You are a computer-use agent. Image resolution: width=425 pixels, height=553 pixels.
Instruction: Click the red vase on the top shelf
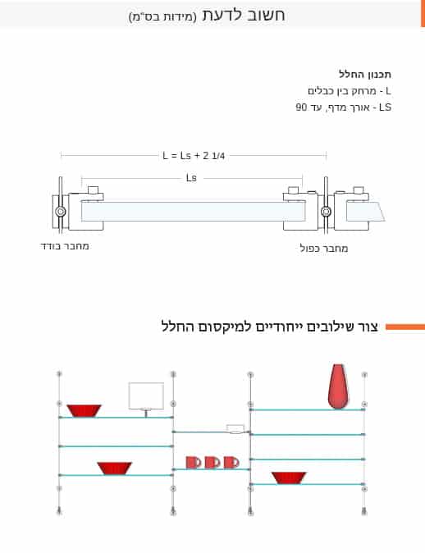[x=338, y=386]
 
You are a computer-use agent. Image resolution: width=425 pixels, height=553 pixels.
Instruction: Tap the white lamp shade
[x=146, y=395]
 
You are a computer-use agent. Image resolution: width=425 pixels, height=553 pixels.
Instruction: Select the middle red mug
[x=212, y=463]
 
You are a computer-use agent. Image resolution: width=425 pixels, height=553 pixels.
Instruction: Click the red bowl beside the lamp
[x=84, y=411]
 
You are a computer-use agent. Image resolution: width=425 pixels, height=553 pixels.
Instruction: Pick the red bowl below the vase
[x=289, y=478]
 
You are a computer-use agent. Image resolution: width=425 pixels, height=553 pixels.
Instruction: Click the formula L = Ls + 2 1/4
[x=194, y=156]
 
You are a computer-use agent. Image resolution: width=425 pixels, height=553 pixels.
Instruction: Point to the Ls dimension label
[x=191, y=178]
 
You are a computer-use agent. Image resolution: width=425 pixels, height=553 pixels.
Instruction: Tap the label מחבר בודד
[x=65, y=246]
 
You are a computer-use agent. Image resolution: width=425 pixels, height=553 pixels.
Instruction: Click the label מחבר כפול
[x=324, y=249]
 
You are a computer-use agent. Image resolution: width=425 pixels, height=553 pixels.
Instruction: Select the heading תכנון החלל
[x=365, y=75]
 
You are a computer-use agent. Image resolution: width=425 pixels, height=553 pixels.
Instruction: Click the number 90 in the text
[x=301, y=107]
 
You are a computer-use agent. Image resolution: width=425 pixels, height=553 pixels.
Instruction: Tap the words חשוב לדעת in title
[x=244, y=15]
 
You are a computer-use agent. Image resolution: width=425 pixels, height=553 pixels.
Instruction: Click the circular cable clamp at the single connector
[x=61, y=212]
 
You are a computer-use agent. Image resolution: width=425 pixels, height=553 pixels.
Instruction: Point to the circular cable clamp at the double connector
[x=326, y=212]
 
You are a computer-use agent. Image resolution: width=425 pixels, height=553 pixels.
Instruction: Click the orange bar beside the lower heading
[x=405, y=327]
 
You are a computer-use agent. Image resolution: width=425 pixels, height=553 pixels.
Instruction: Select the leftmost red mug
[x=194, y=463]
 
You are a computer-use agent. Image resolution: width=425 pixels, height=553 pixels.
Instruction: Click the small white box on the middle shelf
[x=235, y=429]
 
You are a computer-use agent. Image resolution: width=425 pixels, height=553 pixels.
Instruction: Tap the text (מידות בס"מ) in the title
[x=162, y=16]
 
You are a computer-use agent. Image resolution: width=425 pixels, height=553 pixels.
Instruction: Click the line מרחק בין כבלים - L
[x=350, y=91]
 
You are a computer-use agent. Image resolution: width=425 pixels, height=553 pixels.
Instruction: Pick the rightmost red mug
[x=231, y=463]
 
